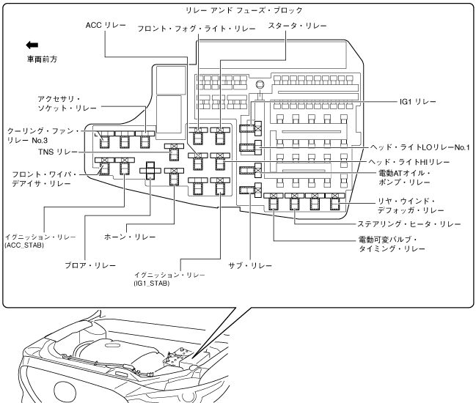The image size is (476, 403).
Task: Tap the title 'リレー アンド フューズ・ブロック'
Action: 235,10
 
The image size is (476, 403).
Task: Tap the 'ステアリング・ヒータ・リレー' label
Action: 409,223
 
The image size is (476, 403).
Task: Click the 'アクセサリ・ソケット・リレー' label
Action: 59,103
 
